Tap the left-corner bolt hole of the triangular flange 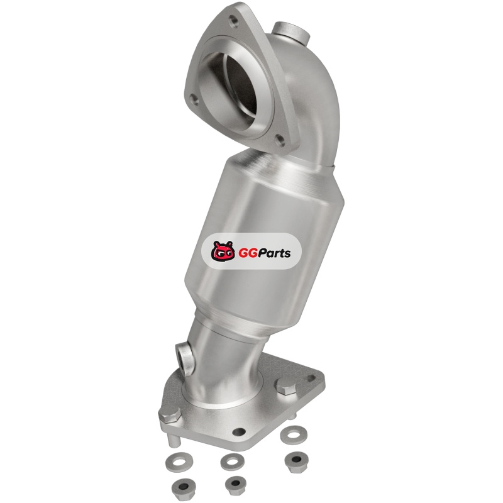pyautogui.click(x=193, y=99)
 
